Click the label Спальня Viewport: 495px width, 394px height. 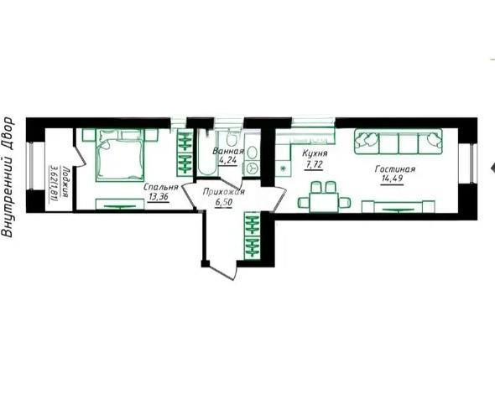159,188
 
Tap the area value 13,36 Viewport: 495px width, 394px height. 159,199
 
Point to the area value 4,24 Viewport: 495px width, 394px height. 228,161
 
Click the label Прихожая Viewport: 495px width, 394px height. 224,192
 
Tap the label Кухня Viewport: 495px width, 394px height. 315,156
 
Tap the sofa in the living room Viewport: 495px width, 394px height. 397,142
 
